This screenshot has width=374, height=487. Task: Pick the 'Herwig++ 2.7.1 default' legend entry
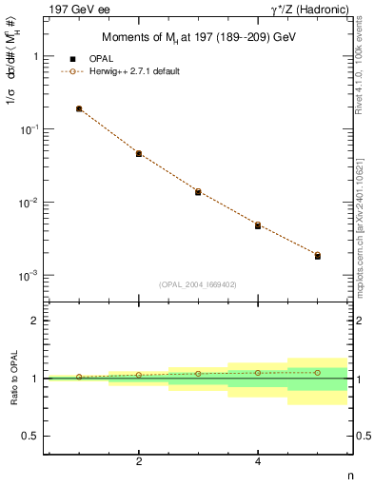pos(132,71)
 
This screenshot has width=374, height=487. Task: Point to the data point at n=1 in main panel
pos(79,109)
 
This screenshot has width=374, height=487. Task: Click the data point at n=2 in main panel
pos(139,153)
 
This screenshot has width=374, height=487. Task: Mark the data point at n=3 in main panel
pos(198,191)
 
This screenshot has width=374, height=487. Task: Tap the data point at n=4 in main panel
pos(258,225)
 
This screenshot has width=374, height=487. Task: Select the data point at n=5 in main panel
pos(318,256)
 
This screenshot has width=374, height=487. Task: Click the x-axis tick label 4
pos(258,461)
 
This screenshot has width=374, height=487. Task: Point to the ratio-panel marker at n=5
pos(318,372)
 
